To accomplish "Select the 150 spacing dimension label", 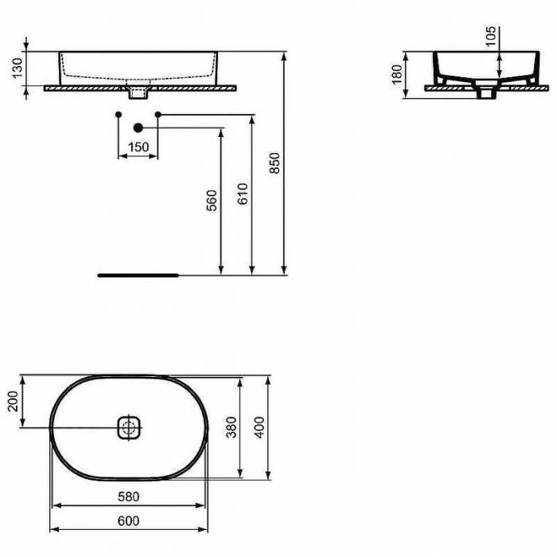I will (138, 147).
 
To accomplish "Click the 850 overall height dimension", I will (275, 163).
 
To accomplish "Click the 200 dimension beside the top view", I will (12, 402).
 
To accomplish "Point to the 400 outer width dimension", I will (259, 429).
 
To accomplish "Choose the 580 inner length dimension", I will (129, 496).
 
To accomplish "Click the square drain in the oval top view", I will (129, 428).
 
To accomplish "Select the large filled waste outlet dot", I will (138, 127).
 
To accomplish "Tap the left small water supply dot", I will (119, 116).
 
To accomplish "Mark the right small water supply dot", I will (158, 116).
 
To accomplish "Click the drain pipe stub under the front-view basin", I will (138, 94).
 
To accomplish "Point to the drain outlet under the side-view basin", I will (486, 92).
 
